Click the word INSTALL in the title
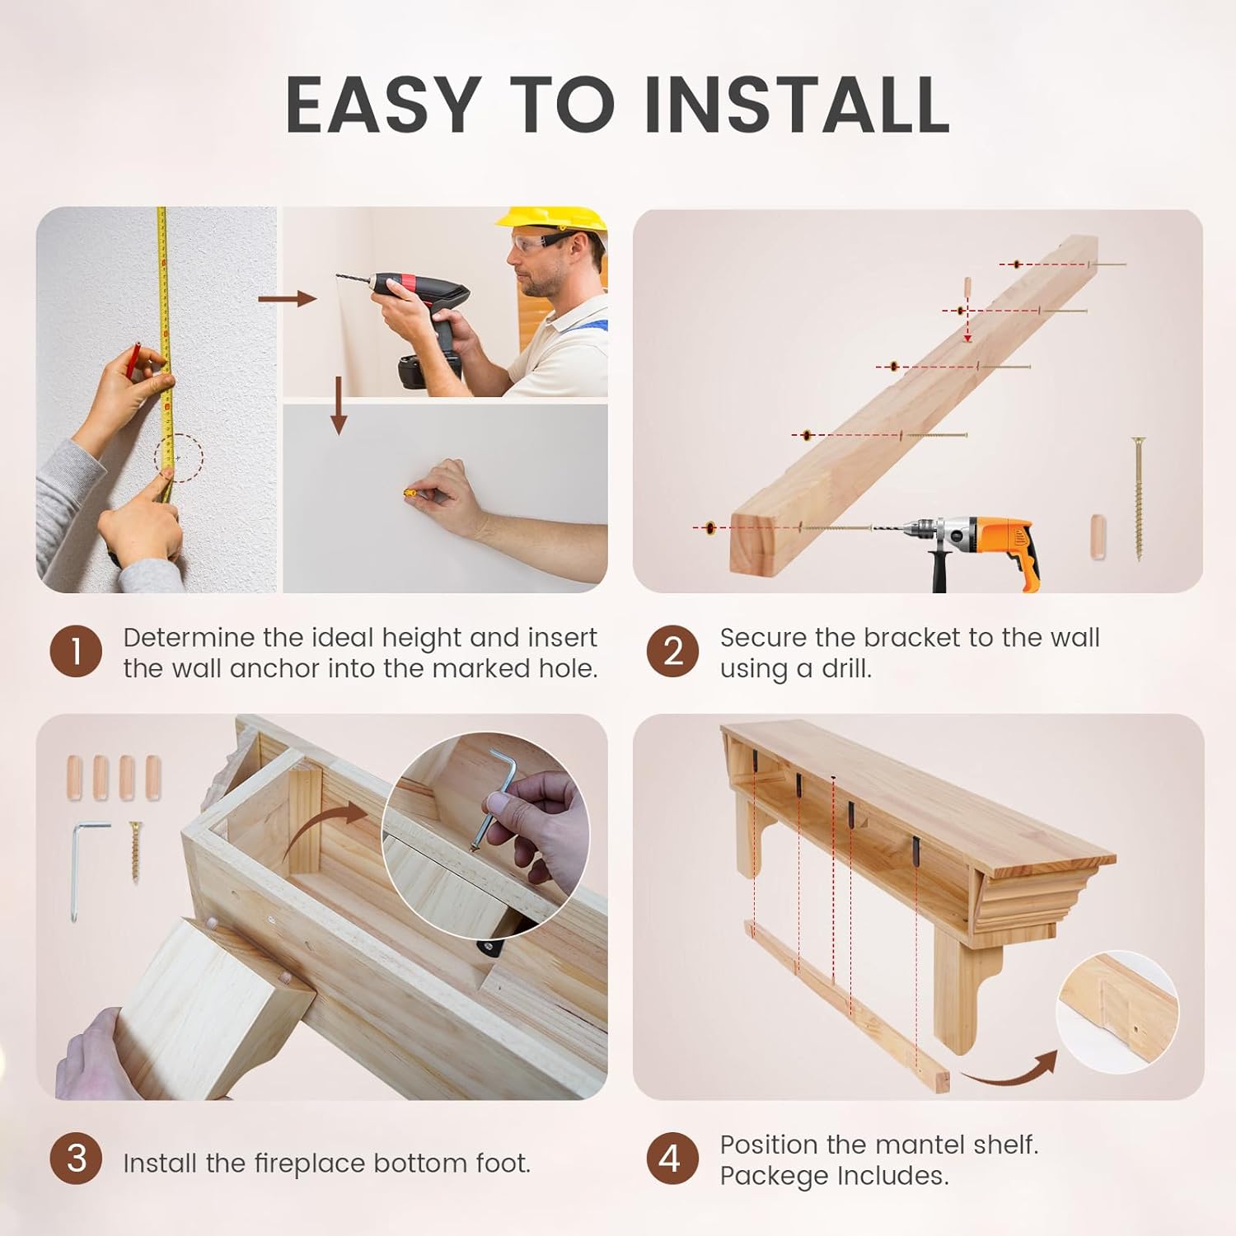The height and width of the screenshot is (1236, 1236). [x=797, y=105]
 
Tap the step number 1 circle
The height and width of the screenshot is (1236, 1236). [x=76, y=652]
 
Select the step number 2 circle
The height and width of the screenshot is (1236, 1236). [x=672, y=652]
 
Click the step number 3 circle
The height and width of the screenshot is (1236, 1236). [x=76, y=1159]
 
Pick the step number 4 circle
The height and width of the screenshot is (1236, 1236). [x=672, y=1159]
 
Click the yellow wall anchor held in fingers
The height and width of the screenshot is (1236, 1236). [x=409, y=494]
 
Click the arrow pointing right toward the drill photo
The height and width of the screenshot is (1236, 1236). [x=287, y=298]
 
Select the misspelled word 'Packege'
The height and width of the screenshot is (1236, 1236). [x=774, y=1176]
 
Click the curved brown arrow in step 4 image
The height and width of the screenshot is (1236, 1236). [x=1009, y=1071]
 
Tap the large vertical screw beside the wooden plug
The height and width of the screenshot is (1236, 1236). [x=1139, y=499]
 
